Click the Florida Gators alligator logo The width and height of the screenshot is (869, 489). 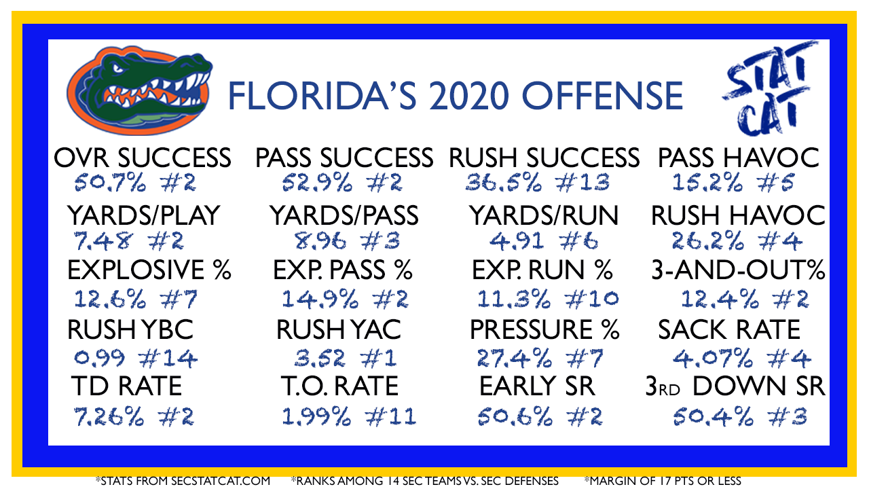click(x=140, y=90)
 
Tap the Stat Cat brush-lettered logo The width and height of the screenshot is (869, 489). click(x=769, y=88)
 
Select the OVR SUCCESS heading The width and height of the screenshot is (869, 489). click(x=143, y=158)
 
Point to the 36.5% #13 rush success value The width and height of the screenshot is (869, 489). click(x=537, y=183)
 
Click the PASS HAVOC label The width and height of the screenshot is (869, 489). click(x=739, y=158)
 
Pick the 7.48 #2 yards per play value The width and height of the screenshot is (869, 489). click(x=128, y=241)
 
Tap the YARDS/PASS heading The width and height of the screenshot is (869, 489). click(x=344, y=215)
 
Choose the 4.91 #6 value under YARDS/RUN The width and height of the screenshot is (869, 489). click(x=544, y=241)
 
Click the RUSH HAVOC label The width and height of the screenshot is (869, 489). click(x=738, y=215)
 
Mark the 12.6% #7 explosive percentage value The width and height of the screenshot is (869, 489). click(x=136, y=300)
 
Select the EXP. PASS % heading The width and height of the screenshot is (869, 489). click(x=343, y=270)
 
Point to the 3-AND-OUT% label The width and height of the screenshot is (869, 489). click(x=738, y=270)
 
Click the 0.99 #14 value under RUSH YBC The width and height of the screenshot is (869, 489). click(x=136, y=358)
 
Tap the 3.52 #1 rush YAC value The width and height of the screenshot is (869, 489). click(x=346, y=358)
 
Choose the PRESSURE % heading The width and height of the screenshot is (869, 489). click(x=544, y=329)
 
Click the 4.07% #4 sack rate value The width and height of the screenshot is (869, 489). click(x=742, y=358)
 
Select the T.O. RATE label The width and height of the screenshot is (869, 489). click(x=340, y=386)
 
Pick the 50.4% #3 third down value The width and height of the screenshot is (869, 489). click(x=740, y=417)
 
